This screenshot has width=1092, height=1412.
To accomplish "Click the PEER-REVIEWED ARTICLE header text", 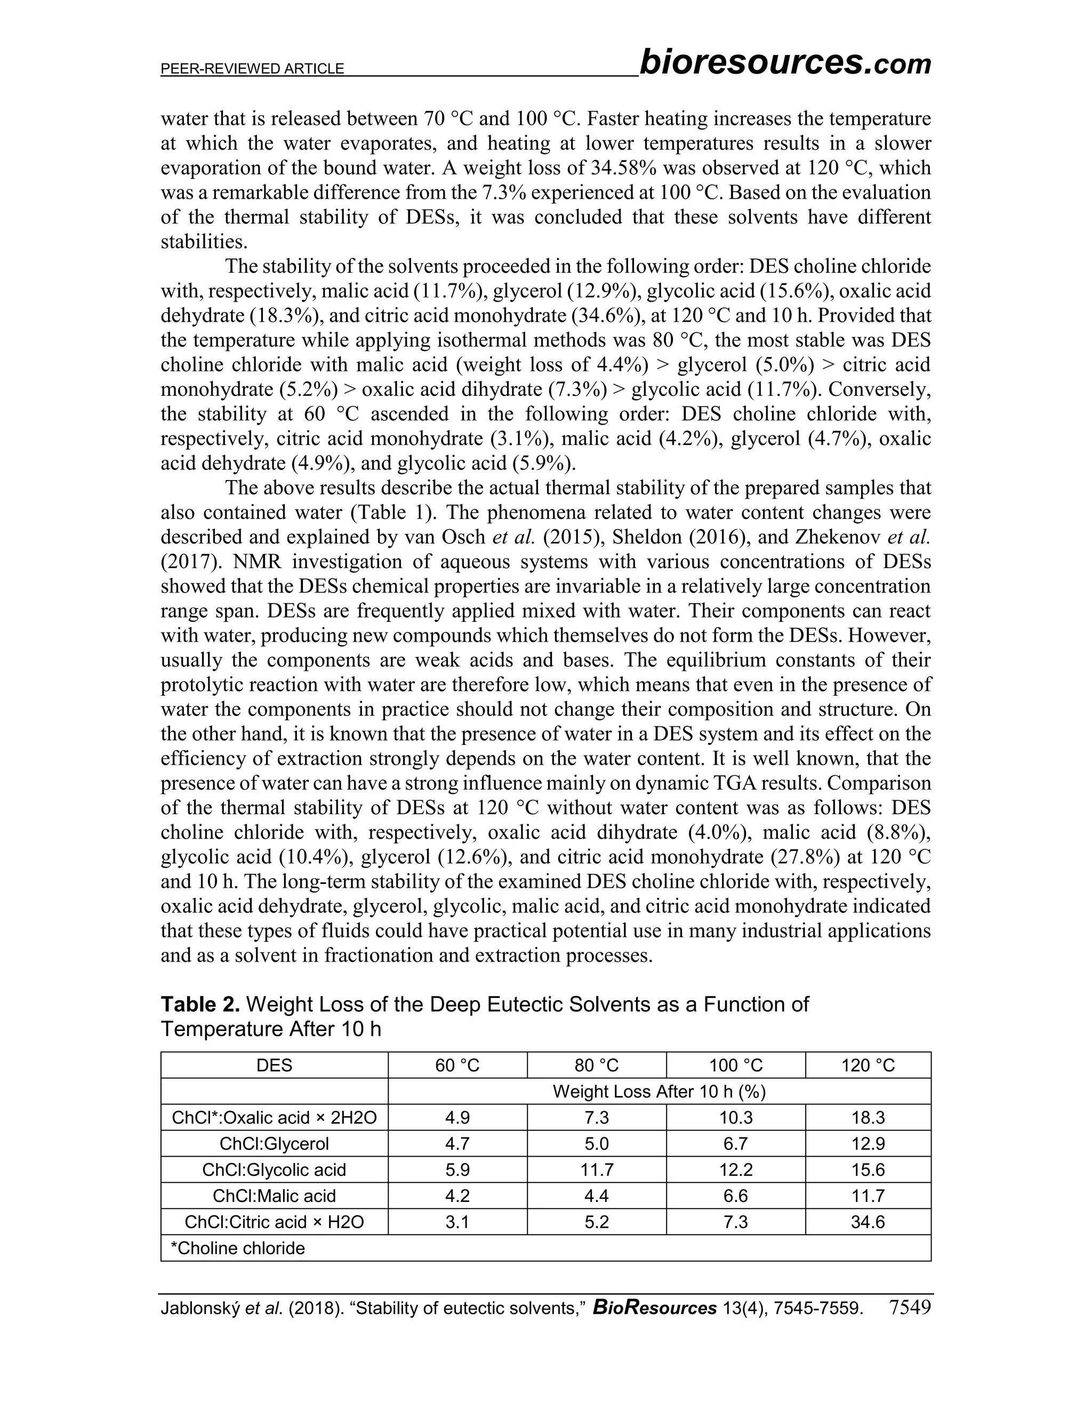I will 252,69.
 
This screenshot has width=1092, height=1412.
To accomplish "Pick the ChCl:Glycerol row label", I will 274,1143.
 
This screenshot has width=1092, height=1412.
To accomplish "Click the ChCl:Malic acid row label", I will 274,1196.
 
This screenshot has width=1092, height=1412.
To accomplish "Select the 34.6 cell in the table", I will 868,1222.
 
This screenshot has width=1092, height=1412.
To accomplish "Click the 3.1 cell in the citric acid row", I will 457,1222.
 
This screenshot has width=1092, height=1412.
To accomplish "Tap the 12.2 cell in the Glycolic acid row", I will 735,1170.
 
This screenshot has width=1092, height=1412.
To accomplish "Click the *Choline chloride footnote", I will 237,1248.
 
